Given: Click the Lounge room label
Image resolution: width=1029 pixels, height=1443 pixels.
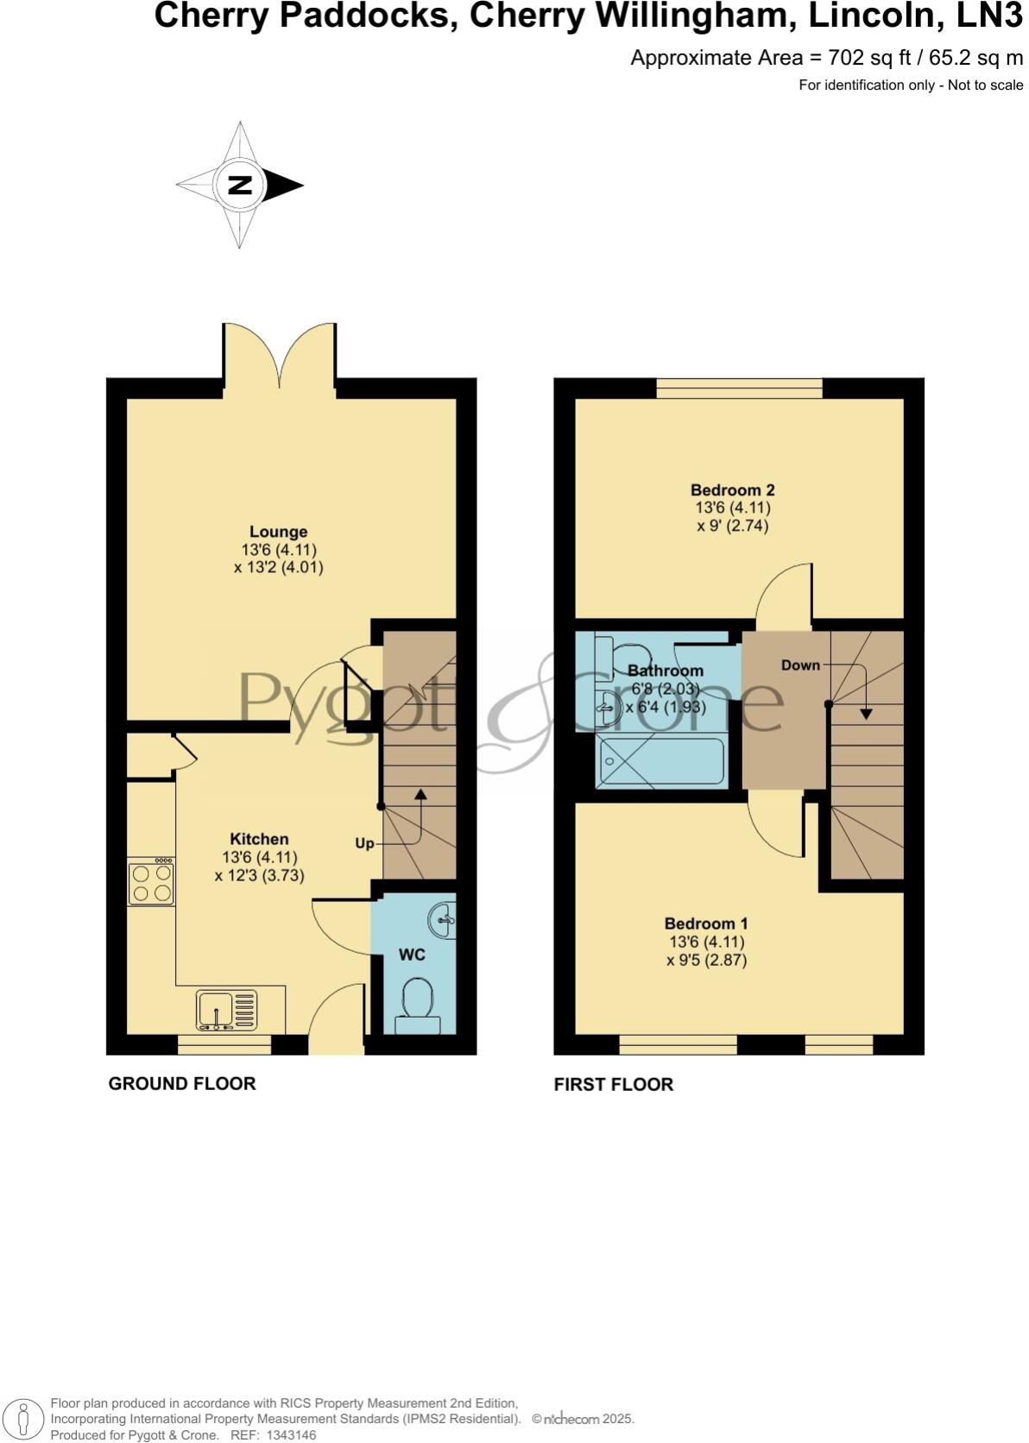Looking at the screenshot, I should coord(278,532).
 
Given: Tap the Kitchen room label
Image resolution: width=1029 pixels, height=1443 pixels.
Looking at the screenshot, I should coord(259,839).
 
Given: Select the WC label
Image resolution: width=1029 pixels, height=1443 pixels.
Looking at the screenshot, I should coord(412,955).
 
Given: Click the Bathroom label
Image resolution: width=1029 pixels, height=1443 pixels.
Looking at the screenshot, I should coord(666,671).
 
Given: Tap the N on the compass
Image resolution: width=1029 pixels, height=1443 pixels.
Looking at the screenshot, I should coord(240,185).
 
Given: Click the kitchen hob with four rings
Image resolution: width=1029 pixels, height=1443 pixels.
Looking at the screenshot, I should coord(151,883).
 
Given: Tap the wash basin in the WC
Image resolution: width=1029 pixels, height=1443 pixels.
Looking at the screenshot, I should coord(444,920).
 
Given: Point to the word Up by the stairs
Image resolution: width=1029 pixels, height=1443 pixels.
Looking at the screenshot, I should coord(365,842).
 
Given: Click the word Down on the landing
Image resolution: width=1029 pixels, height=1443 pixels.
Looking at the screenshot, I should coord(800,665).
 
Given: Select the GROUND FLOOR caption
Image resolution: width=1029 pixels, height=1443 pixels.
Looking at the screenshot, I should coord(182,1083).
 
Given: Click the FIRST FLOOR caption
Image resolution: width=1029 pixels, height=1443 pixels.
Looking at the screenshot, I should coord(613,1084).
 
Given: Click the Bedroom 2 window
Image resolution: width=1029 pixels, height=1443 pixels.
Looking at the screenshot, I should coord(739,389).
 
